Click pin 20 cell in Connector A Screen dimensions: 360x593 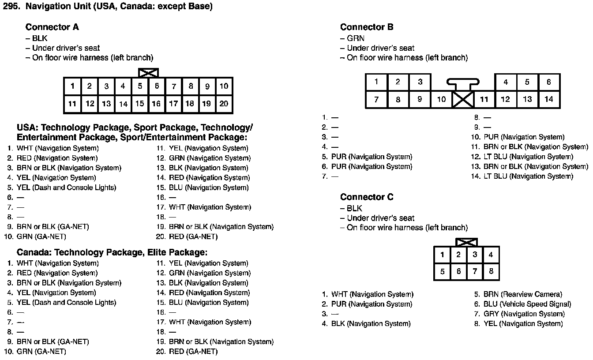click(x=224, y=104)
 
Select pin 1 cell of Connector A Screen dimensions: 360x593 click(x=72, y=86)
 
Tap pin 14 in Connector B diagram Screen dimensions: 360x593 click(x=548, y=99)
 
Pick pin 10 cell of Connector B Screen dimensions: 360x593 click(x=441, y=99)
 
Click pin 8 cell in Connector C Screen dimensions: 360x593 click(x=491, y=272)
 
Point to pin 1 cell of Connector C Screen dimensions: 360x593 click(x=442, y=255)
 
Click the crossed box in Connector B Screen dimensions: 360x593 click(x=463, y=99)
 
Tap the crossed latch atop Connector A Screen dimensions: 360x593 click(x=148, y=73)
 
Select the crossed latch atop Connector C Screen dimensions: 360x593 click(x=466, y=242)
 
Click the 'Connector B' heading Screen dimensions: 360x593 click(x=367, y=27)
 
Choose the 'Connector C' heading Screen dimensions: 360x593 click(x=367, y=197)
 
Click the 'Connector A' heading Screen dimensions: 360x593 click(x=52, y=27)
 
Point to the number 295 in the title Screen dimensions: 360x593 click(x=11, y=7)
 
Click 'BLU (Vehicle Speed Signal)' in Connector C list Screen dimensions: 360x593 click(x=527, y=304)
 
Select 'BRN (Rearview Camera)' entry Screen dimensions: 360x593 click(x=522, y=294)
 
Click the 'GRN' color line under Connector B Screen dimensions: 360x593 click(x=356, y=38)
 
